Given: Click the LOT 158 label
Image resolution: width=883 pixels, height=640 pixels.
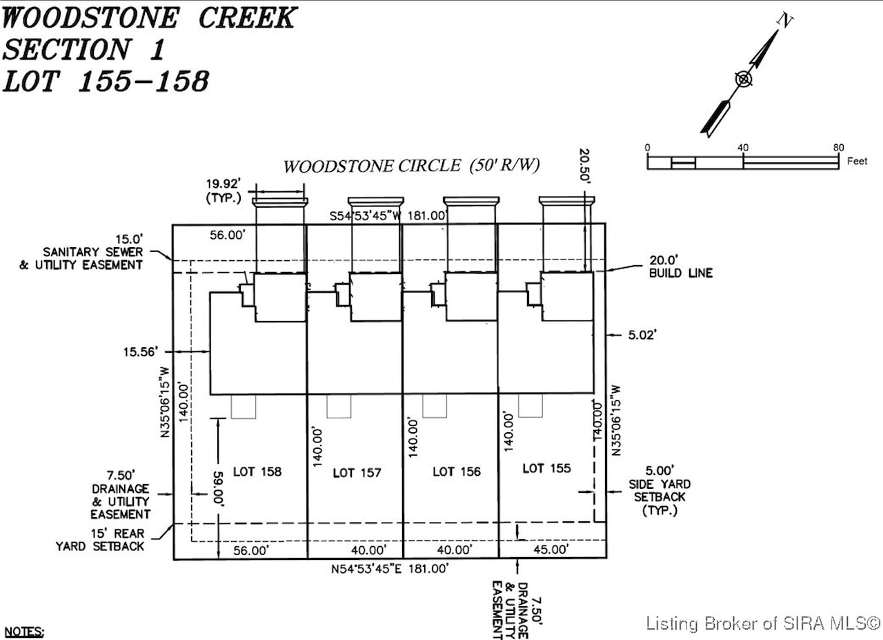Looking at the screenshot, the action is click(x=257, y=472).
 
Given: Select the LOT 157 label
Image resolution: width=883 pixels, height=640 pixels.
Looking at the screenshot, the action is click(x=357, y=473).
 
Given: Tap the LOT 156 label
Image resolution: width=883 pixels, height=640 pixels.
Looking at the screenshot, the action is click(x=457, y=472).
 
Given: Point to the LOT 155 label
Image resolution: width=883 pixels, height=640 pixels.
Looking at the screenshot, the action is click(x=547, y=468).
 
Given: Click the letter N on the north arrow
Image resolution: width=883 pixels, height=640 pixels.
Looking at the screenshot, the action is click(x=784, y=20).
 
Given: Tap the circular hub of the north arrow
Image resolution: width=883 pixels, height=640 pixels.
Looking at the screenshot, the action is click(x=744, y=79).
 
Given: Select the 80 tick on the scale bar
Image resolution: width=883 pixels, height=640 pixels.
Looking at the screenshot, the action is click(x=838, y=148).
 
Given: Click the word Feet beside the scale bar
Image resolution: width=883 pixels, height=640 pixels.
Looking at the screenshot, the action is click(x=857, y=161).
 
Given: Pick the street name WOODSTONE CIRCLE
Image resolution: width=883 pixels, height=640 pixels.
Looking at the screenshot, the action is click(x=372, y=166).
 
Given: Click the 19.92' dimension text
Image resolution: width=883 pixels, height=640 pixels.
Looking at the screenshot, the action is click(x=224, y=184).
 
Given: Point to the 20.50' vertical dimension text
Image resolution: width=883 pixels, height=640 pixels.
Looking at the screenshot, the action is click(x=584, y=166).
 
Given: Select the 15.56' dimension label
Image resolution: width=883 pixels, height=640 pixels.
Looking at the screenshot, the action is click(x=141, y=351).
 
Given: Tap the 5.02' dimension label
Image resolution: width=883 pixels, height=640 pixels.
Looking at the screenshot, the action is click(x=642, y=335).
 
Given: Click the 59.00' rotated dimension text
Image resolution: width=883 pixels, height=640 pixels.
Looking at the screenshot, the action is click(x=219, y=489).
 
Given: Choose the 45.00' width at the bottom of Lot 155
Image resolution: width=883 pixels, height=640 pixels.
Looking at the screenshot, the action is click(x=551, y=550).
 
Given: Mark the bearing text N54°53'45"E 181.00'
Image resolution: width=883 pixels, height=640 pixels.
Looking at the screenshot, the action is click(x=390, y=569).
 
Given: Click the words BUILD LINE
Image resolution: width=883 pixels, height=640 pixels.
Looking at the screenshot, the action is click(x=681, y=273).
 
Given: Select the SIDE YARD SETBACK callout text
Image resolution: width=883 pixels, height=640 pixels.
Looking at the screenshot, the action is click(x=659, y=490).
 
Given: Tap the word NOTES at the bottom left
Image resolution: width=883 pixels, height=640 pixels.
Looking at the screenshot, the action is click(x=23, y=632).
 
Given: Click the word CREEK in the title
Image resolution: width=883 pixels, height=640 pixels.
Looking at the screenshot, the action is click(x=248, y=18).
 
